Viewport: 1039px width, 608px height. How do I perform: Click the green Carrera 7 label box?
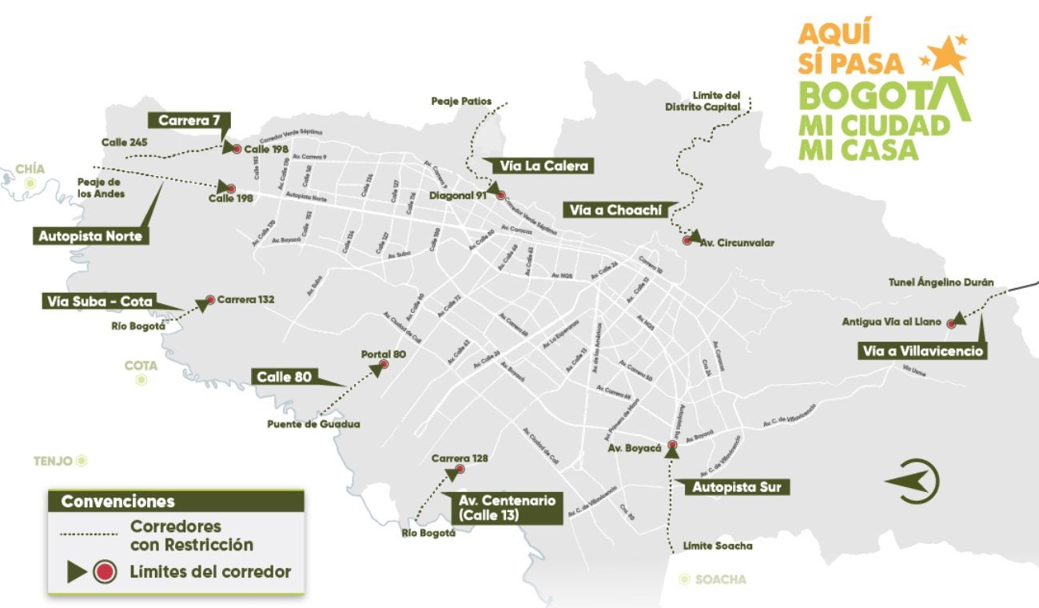[189, 121]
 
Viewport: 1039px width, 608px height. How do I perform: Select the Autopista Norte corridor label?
[90, 236]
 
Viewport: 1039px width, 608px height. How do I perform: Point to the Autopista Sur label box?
[730, 486]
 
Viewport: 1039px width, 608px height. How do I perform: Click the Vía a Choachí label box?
[621, 210]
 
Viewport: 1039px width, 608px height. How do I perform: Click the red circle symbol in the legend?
[105, 572]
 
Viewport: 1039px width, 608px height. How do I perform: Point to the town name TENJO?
[54, 461]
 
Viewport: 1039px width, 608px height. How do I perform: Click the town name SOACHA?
[720, 579]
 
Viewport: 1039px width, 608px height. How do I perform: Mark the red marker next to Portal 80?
[384, 364]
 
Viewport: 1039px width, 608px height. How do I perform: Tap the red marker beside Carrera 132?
[210, 300]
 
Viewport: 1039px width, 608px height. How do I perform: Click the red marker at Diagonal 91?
[500, 195]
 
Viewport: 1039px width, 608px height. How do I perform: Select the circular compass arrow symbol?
[915, 481]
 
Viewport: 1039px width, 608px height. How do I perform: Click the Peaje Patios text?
[461, 102]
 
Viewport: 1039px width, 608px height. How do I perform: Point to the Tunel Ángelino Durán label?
[941, 282]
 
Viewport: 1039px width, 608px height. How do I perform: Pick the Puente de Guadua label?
[313, 424]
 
